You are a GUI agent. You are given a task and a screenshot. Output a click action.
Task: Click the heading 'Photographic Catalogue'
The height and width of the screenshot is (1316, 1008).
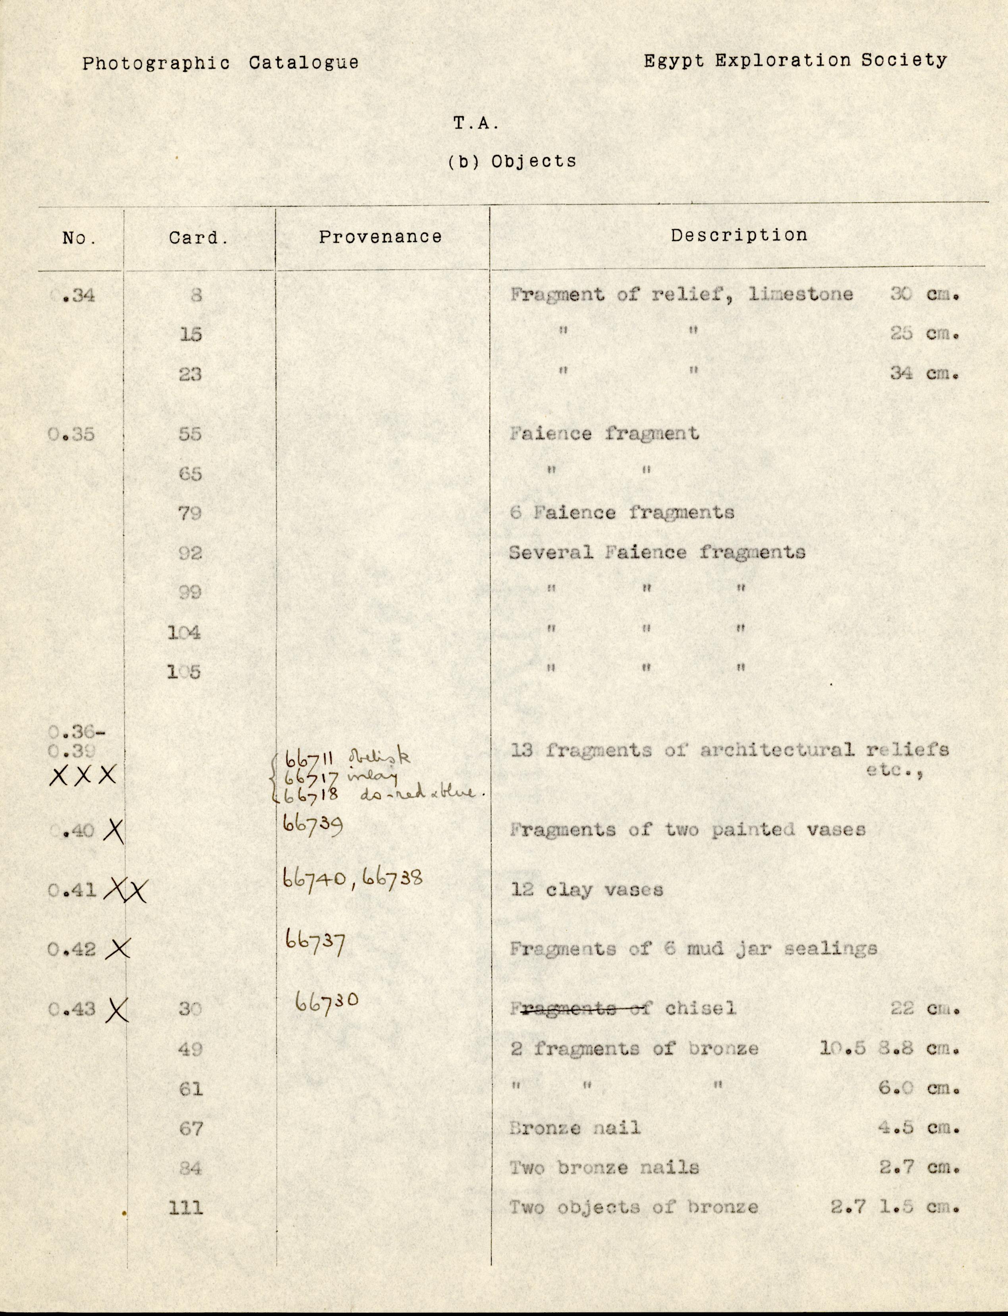(220, 63)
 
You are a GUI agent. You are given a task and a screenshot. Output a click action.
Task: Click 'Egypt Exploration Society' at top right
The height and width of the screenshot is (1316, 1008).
(795, 61)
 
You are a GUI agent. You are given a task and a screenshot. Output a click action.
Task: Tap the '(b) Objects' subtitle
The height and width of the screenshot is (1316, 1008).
(512, 161)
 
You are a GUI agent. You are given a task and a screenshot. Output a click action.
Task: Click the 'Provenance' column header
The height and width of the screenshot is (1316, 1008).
(380, 237)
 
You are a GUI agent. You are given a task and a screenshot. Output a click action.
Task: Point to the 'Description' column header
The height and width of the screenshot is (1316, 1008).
(739, 235)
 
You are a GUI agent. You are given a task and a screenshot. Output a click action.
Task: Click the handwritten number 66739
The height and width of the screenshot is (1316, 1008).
(313, 826)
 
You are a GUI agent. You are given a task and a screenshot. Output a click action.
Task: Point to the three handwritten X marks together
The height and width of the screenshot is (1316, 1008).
(83, 776)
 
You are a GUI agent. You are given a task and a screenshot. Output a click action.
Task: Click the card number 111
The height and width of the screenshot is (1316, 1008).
(186, 1207)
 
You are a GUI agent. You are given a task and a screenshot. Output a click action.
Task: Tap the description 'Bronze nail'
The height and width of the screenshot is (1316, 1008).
(575, 1128)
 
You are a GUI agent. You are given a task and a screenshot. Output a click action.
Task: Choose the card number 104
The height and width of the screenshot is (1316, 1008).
(184, 633)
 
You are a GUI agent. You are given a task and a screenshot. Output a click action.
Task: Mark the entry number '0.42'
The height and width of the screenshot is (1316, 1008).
(72, 949)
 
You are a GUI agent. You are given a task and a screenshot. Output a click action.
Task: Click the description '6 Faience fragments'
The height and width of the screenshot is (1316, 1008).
(622, 513)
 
